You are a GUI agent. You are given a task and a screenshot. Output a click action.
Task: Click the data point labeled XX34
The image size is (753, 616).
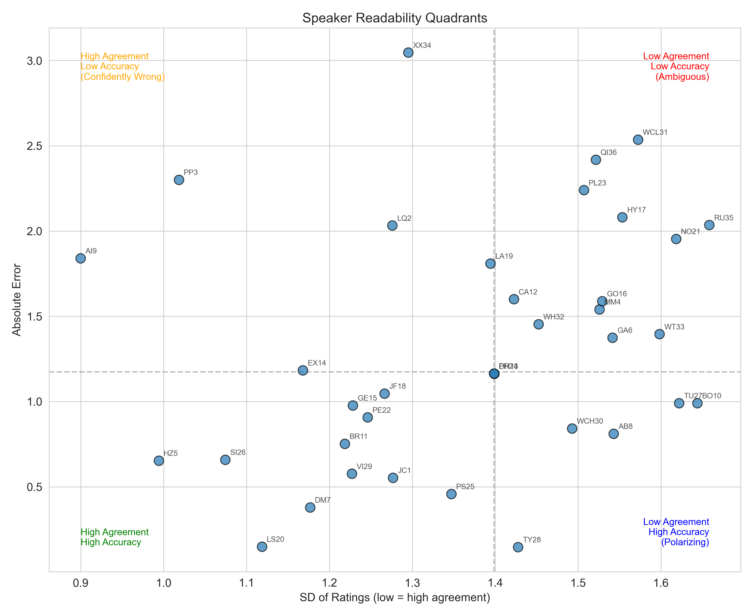click(x=408, y=52)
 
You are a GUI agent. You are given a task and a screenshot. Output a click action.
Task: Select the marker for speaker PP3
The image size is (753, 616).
click(x=179, y=180)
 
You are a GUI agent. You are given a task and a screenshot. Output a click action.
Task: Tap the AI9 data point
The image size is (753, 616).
click(x=81, y=258)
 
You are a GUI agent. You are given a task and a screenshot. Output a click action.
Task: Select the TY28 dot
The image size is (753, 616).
click(x=518, y=547)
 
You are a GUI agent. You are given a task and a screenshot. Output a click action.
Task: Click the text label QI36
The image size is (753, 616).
click(x=609, y=152)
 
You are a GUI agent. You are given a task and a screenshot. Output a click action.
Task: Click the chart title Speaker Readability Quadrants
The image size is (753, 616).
click(x=395, y=18)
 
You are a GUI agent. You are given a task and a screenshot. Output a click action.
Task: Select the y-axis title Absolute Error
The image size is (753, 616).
click(x=17, y=300)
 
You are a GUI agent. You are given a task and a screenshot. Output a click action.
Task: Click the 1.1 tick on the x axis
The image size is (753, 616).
click(x=246, y=583)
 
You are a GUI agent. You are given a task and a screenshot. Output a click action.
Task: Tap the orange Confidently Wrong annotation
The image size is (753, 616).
click(x=123, y=77)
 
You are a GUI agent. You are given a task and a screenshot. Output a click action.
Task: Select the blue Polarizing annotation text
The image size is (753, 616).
click(x=685, y=542)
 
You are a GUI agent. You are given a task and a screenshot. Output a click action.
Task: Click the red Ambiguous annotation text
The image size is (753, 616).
click(x=682, y=77)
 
